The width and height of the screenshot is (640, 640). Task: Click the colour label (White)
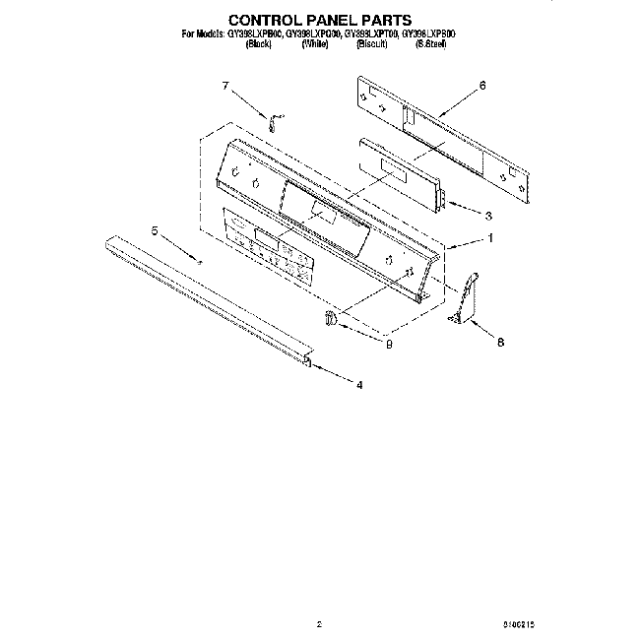click(x=314, y=43)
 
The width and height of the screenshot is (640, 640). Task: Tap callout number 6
click(x=482, y=86)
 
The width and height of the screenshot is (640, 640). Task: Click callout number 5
click(x=154, y=230)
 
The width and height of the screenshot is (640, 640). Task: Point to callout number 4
click(x=359, y=386)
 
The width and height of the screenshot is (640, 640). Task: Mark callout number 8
click(x=500, y=343)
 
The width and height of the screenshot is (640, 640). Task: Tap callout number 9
click(x=390, y=343)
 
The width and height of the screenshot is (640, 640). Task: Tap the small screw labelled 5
click(x=200, y=261)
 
